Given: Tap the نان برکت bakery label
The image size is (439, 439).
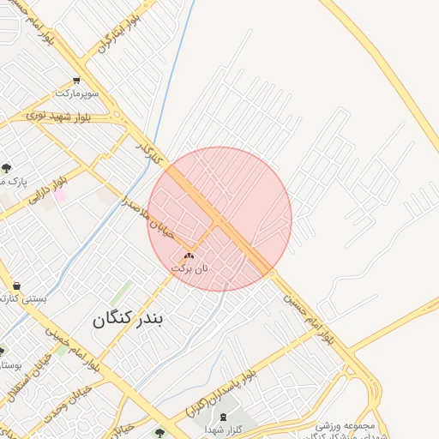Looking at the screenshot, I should (x=189, y=268).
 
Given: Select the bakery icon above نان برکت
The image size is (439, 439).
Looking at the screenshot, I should (x=189, y=256).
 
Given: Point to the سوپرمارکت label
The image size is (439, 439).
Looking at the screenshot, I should (x=78, y=92).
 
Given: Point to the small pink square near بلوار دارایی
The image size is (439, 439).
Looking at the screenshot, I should (x=60, y=196).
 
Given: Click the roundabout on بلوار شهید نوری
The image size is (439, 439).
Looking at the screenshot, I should (x=116, y=116).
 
